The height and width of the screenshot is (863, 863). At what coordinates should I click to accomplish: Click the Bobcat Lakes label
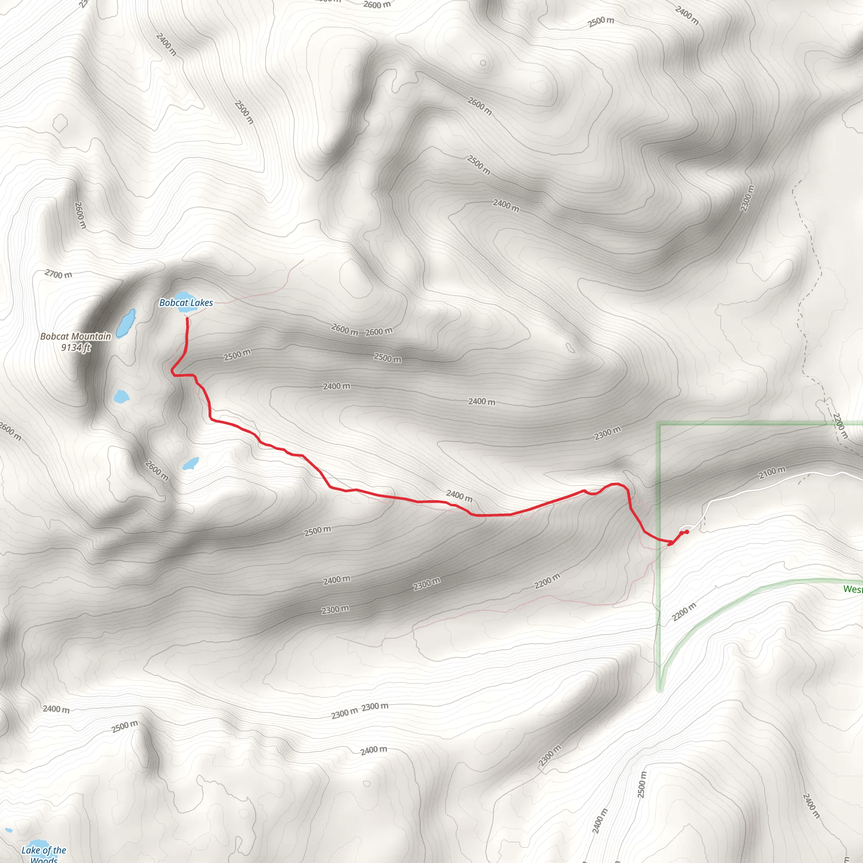tap(186, 303)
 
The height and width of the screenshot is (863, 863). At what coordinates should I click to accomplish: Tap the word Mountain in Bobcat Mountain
tap(93, 336)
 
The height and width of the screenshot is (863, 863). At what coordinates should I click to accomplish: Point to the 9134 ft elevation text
tap(76, 348)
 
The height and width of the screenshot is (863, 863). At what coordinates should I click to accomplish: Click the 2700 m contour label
tap(58, 274)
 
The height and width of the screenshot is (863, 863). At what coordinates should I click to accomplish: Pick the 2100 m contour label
tap(772, 472)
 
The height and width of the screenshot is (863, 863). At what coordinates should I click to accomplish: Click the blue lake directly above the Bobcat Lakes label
tap(182, 296)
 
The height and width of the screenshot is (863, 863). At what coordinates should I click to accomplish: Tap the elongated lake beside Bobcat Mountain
tap(126, 323)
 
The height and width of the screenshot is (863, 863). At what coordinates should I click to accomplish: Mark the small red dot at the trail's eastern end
tap(686, 531)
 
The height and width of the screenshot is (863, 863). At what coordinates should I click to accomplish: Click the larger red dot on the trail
tap(670, 543)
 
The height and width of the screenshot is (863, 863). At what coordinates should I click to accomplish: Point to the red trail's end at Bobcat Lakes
tap(187, 318)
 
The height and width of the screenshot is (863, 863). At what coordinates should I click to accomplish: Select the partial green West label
tap(853, 589)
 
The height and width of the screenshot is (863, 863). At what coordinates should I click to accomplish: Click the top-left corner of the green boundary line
tap(659, 424)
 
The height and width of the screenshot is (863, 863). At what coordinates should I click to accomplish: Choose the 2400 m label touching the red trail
tap(459, 496)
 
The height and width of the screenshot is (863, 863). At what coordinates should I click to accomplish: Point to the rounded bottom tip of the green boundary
tap(660, 690)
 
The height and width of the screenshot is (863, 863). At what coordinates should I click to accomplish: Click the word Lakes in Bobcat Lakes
tap(201, 303)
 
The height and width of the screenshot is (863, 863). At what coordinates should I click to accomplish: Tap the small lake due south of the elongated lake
tap(121, 396)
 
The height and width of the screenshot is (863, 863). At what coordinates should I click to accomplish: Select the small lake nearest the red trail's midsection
tap(191, 463)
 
